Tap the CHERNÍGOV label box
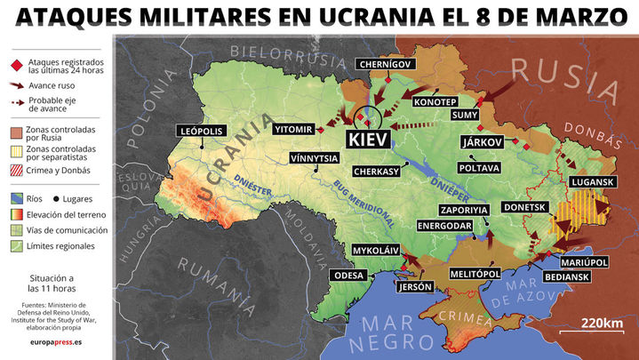[384, 64]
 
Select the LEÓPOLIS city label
[201, 131]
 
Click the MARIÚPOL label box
[584, 262]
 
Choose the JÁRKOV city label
[483, 141]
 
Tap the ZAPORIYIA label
[464, 210]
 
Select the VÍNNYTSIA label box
[314, 158]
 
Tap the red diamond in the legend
[15, 67]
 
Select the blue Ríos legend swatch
[15, 198]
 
